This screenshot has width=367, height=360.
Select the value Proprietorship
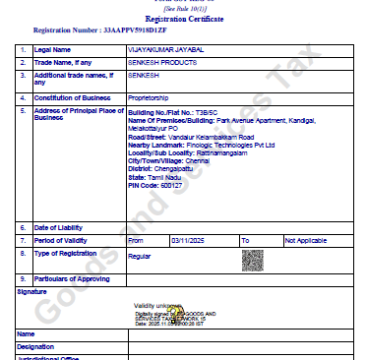point(151,96)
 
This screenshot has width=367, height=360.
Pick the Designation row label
point(37,346)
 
